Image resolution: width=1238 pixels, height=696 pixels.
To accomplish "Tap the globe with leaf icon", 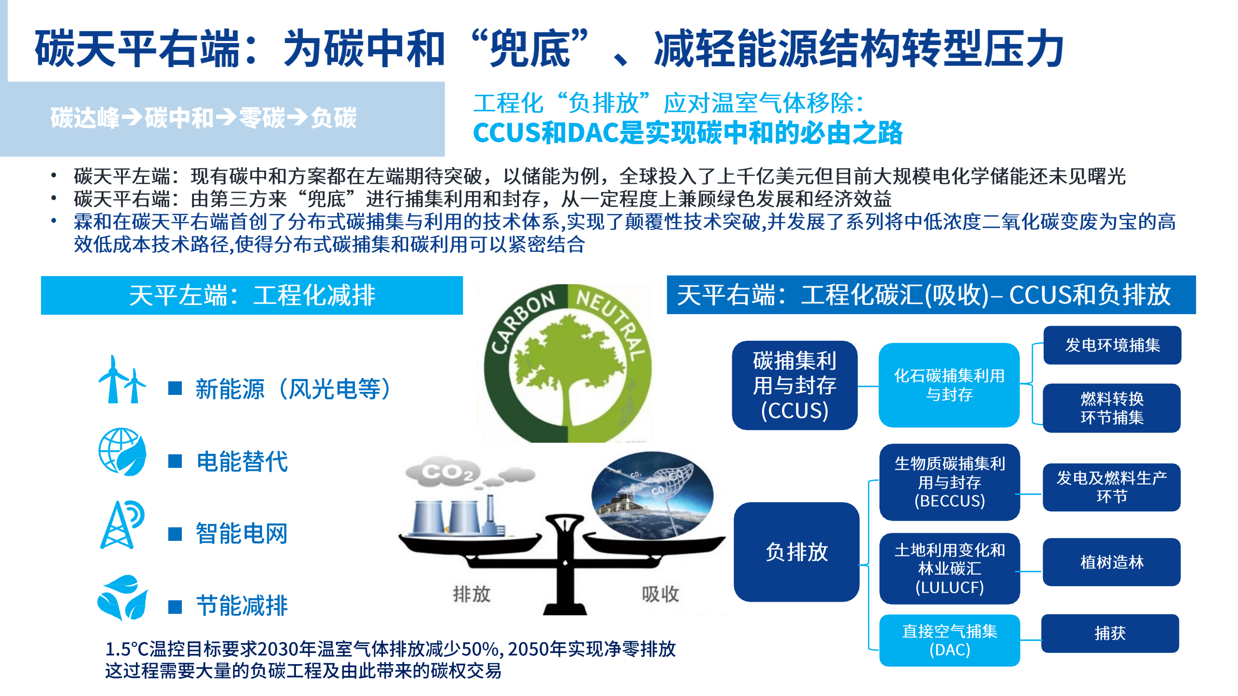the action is coord(122,452).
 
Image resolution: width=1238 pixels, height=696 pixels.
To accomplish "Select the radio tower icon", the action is coord(122,525).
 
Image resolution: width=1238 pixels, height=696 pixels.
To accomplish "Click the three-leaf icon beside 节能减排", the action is coord(122,597).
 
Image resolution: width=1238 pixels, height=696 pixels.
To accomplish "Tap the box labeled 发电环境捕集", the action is coord(1112,345).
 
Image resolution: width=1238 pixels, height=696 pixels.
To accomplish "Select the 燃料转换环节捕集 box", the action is coord(1112,408).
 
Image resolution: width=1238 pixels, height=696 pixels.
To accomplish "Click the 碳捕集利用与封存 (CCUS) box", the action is coord(795,385).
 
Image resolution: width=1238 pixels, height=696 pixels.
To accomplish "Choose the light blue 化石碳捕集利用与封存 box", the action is coord(949,385).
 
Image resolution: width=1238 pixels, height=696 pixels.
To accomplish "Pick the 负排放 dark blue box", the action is coord(796,552).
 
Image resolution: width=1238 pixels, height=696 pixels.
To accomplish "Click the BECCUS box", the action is coord(949,482).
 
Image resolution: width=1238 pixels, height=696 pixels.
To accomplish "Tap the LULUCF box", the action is coord(949,568).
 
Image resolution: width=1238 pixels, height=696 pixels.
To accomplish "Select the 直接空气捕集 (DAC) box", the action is coord(949,640).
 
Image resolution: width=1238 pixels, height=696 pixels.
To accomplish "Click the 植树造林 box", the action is coord(1111,562).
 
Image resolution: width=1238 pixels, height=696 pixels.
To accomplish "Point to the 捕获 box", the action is coord(1110,633).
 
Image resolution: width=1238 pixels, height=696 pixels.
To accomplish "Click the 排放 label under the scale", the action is coord(472,594).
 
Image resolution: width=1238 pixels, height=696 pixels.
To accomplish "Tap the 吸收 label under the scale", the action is coord(660,594).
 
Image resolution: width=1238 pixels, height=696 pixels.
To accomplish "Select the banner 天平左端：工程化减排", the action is coord(252,295).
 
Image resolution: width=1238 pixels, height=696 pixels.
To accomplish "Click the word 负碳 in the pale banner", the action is coord(334,118).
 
